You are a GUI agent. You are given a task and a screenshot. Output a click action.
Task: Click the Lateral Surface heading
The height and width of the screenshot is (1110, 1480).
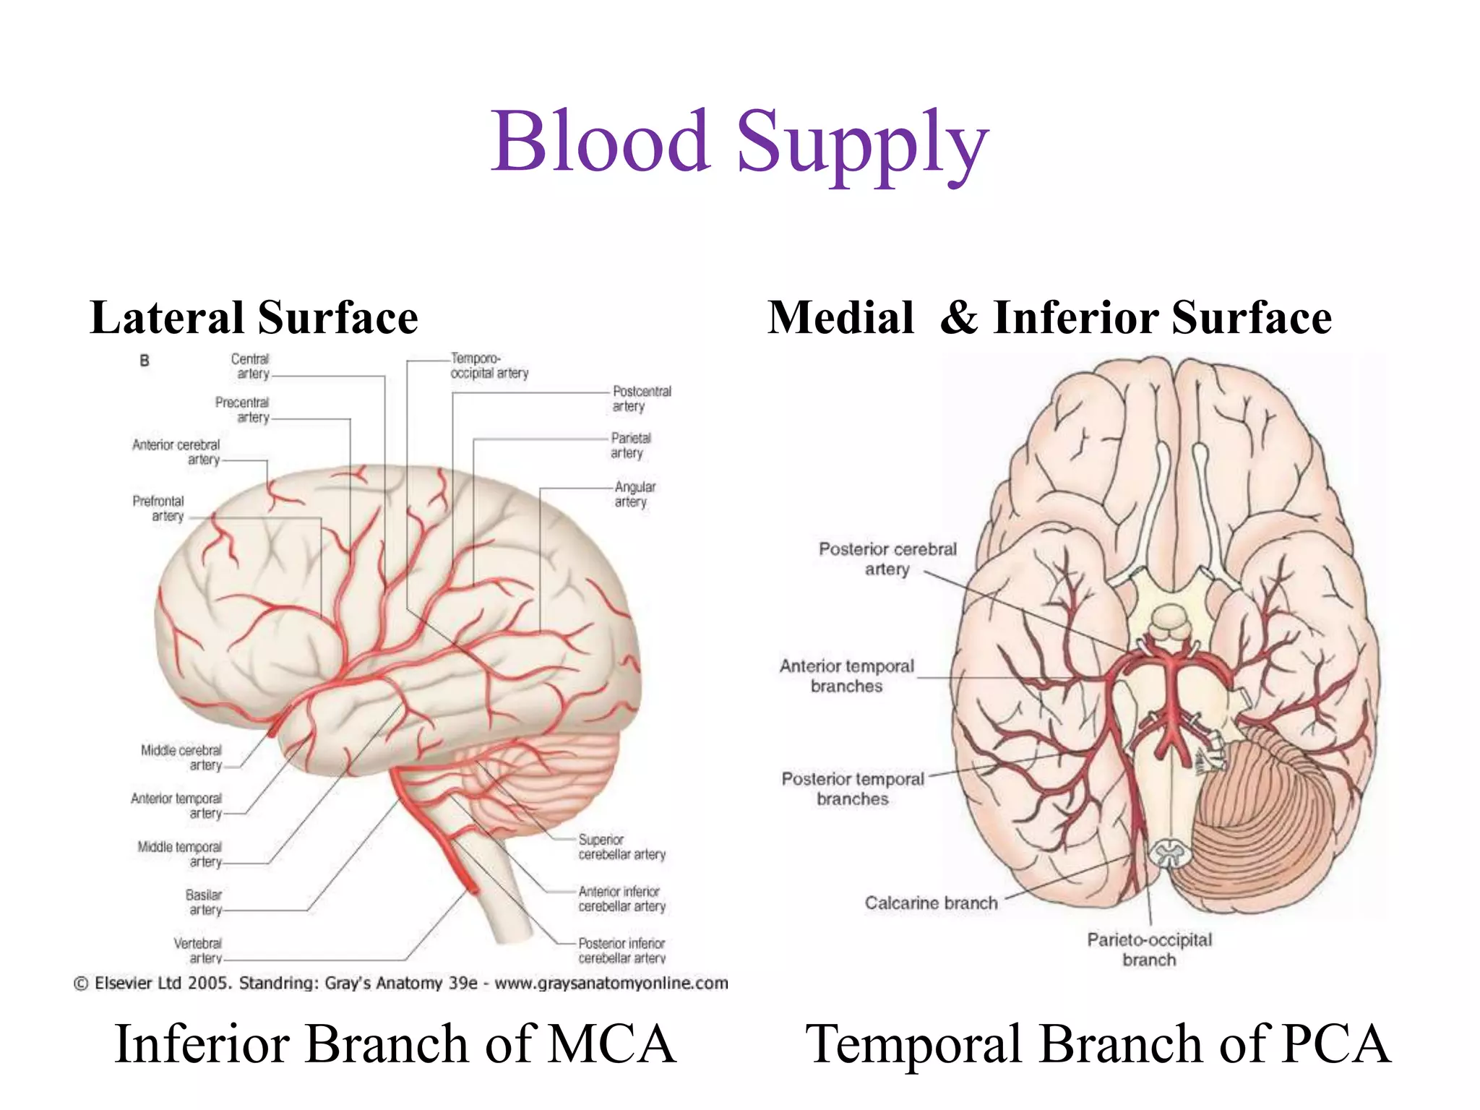click(x=254, y=318)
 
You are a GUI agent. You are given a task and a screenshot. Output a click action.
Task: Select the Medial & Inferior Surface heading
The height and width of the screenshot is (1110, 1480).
click(x=1049, y=318)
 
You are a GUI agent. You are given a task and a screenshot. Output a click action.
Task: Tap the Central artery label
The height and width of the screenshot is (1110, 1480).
click(x=250, y=366)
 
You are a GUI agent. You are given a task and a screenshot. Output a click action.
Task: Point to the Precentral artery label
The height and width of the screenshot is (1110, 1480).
click(x=242, y=410)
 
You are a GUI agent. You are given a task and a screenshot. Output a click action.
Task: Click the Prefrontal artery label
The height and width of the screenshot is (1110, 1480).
click(x=158, y=508)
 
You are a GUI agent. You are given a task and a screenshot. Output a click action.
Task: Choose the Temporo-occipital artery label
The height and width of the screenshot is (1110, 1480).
click(x=489, y=366)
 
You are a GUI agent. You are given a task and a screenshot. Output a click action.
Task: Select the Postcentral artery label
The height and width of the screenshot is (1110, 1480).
click(x=641, y=398)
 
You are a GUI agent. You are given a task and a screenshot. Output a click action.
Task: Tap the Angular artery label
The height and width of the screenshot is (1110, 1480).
click(x=634, y=494)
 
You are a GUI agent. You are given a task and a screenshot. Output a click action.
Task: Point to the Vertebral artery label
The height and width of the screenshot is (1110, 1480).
click(x=198, y=950)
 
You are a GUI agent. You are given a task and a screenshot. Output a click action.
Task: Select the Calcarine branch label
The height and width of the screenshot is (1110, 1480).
click(x=931, y=903)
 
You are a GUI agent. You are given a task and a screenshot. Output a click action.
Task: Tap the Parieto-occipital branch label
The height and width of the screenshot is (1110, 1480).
click(x=1149, y=950)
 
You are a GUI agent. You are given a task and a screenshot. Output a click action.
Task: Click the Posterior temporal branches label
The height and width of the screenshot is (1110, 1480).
click(x=853, y=788)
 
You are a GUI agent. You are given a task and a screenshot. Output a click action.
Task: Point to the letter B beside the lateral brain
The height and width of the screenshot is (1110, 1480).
click(x=145, y=361)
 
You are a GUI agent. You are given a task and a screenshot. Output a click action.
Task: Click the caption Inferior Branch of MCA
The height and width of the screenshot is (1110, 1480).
click(x=395, y=1044)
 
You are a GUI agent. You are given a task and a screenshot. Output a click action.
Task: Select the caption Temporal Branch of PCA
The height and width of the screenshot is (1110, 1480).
click(x=1098, y=1044)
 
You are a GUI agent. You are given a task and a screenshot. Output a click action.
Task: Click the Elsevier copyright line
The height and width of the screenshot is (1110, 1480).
click(x=401, y=984)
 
